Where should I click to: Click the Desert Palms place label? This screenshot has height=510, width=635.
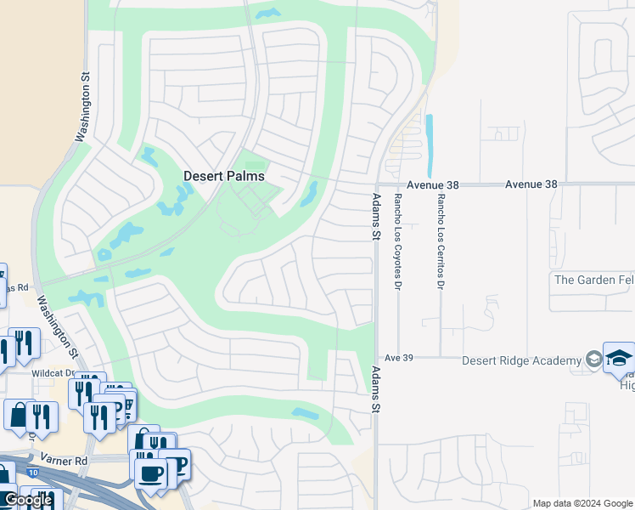(224, 176)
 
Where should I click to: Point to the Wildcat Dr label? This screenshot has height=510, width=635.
(53, 373)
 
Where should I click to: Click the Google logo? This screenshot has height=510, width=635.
(28, 500)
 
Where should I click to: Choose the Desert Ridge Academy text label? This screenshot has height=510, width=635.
(521, 360)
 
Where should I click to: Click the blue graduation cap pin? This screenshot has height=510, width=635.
(619, 358)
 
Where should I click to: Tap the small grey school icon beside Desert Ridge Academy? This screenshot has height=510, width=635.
(593, 360)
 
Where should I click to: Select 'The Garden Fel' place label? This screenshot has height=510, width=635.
(593, 280)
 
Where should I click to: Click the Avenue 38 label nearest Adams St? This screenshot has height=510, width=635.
(432, 184)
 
